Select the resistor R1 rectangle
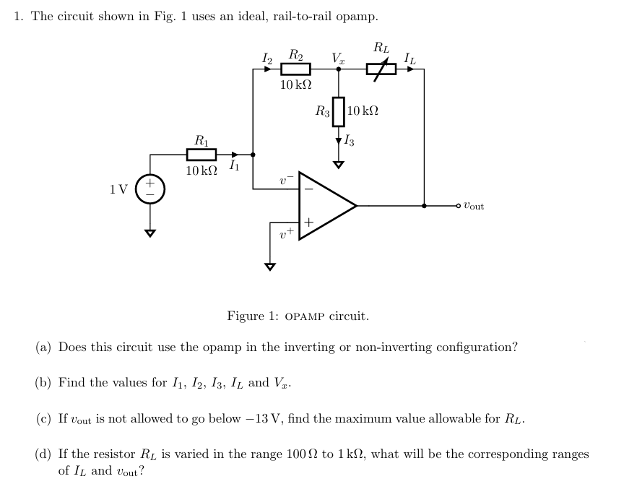click(x=201, y=155)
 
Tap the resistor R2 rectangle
click(x=295, y=69)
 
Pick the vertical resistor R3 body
click(x=338, y=111)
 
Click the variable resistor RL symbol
click(x=381, y=69)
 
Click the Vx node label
click(x=337, y=56)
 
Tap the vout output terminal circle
click(x=458, y=206)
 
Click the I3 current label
click(x=350, y=140)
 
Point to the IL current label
click(x=409, y=57)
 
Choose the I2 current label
click(x=266, y=57)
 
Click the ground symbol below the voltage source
click(x=150, y=233)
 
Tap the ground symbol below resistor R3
click(x=338, y=165)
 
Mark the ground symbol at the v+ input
click(x=270, y=266)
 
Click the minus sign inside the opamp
click(x=308, y=189)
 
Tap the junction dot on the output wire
click(x=424, y=206)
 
